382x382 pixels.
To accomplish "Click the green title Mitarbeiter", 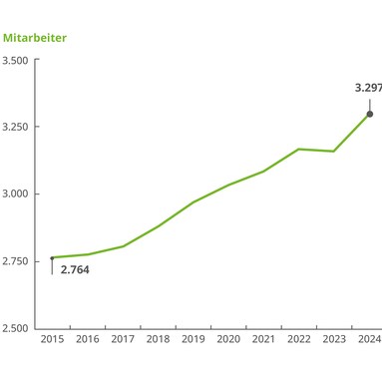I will (x=35, y=38).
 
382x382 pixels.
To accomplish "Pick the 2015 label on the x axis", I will (x=52, y=340).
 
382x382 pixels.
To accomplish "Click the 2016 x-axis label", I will (x=88, y=340).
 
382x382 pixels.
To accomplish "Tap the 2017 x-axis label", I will (x=123, y=340).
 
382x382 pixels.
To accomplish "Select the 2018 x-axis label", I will (x=158, y=340).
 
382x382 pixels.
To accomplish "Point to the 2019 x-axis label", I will (x=193, y=340).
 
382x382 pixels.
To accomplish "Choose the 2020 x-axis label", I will (x=228, y=340).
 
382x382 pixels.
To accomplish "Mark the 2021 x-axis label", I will (x=263, y=340).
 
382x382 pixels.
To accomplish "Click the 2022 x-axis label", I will (x=299, y=340).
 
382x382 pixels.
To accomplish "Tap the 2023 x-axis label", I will (x=334, y=340).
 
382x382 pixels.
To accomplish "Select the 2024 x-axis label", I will (x=369, y=340).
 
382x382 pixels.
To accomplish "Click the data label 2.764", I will (x=75, y=269).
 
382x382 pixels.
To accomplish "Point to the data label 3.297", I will (x=367, y=88).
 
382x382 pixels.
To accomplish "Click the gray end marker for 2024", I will (x=370, y=114).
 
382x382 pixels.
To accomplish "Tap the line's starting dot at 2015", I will (x=52, y=257).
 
